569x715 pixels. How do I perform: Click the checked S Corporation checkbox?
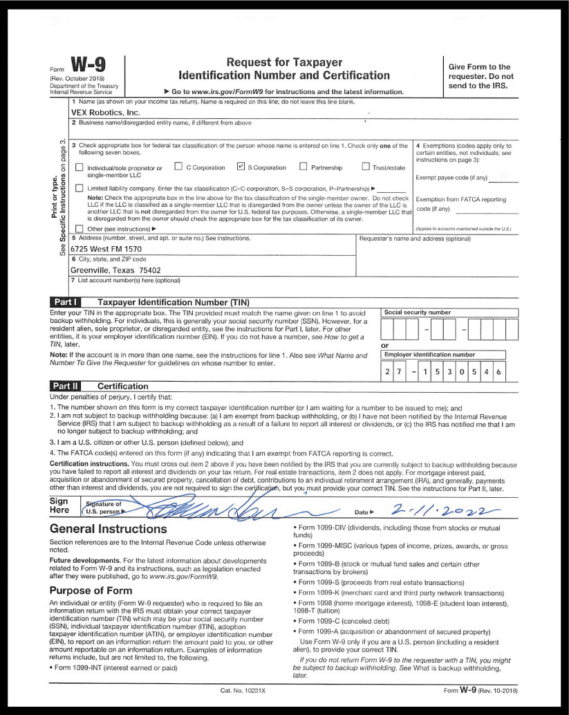[x=241, y=167]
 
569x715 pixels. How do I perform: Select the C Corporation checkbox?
[x=178, y=167]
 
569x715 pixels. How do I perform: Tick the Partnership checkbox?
[x=303, y=167]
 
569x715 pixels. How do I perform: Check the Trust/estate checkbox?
[x=366, y=167]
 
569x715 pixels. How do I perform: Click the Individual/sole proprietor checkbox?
[x=78, y=167]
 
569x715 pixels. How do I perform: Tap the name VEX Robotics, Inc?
[x=106, y=112]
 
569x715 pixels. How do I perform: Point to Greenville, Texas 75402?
[x=115, y=270]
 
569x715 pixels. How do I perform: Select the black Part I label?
[x=67, y=302]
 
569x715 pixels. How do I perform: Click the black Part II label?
[x=67, y=385]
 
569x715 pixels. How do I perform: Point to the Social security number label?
[x=417, y=313]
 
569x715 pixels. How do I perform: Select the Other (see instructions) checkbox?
[x=78, y=228]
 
